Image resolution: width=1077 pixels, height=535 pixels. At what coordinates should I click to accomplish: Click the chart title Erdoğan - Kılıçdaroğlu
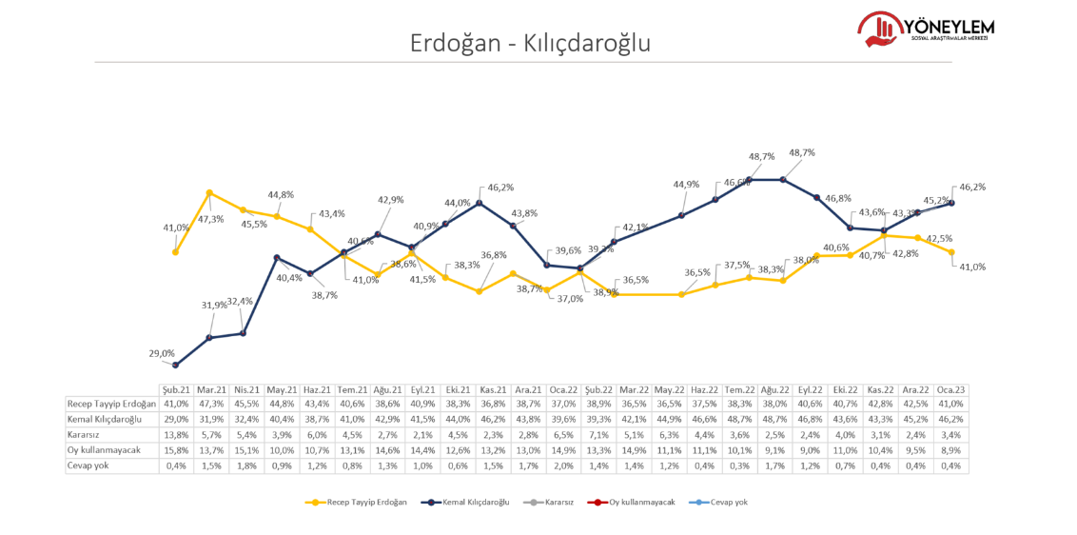click(531, 43)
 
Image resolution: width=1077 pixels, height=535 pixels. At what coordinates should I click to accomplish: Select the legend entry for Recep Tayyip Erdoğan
click(357, 502)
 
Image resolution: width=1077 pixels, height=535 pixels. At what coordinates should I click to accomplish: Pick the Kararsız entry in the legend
click(551, 502)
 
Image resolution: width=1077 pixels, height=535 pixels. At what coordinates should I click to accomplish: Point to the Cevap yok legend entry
click(722, 502)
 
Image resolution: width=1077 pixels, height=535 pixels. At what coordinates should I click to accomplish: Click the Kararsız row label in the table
click(85, 435)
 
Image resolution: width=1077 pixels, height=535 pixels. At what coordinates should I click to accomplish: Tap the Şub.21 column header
click(176, 389)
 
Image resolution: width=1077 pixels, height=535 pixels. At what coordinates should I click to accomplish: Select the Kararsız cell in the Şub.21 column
click(176, 435)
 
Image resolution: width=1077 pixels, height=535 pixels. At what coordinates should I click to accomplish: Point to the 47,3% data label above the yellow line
click(211, 219)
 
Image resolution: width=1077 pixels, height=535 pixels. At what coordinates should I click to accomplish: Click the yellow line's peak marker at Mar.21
click(209, 193)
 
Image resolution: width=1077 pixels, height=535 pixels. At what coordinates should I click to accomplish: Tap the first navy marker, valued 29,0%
click(176, 366)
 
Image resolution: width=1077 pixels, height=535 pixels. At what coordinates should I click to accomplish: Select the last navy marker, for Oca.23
click(952, 203)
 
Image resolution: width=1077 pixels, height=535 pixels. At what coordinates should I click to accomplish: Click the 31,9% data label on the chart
click(214, 305)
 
